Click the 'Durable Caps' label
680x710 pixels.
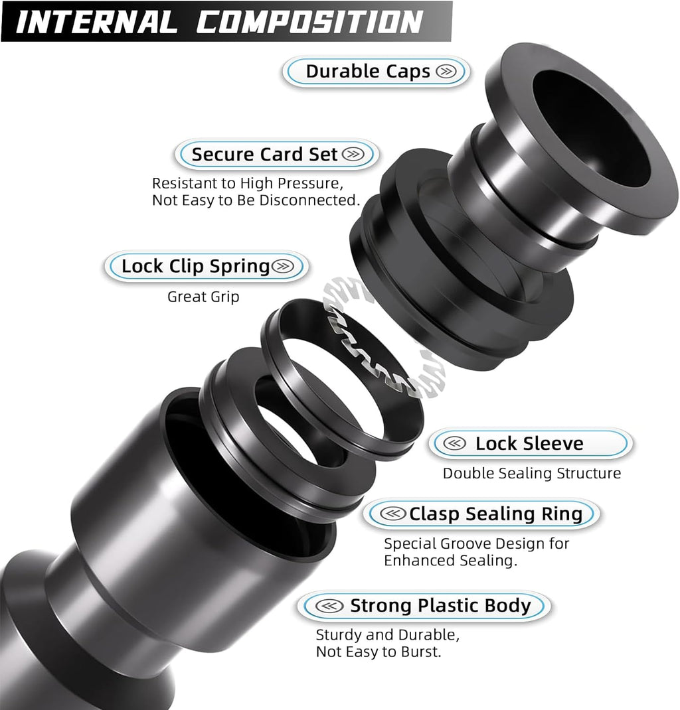[368, 72]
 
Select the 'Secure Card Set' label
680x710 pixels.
[265, 155]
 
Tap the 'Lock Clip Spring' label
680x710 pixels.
[195, 267]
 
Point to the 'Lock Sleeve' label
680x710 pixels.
[529, 444]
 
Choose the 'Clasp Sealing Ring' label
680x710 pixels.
[495, 514]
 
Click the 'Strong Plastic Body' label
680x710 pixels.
[440, 606]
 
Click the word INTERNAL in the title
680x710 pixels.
[97, 21]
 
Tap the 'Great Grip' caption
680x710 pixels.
[203, 297]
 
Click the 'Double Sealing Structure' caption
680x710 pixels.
[532, 473]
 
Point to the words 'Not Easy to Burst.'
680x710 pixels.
[379, 652]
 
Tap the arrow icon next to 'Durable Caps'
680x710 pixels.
[447, 72]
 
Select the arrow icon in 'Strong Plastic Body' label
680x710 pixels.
[327, 606]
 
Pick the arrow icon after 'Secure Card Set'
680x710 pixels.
[354, 155]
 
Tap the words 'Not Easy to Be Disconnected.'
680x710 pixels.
[256, 200]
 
